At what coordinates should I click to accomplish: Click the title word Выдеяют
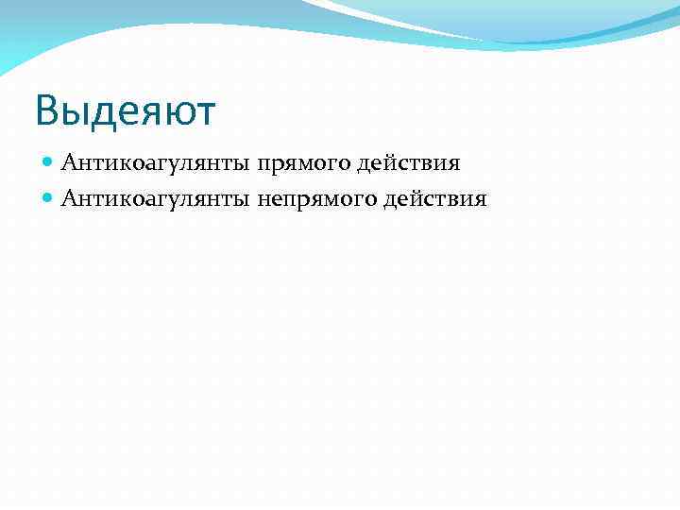pos(126,111)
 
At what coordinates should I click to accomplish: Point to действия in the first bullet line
pos(408,163)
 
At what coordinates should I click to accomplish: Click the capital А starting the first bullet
pos(68,163)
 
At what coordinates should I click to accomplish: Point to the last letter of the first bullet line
pos(455,165)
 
